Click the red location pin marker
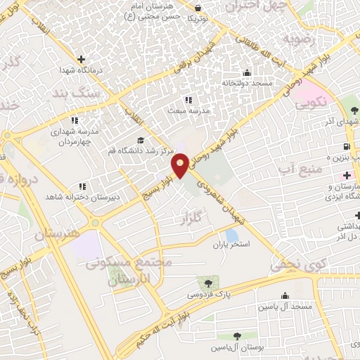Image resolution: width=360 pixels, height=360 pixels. point(181,165)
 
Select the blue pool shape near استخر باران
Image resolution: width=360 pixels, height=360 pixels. point(231,236)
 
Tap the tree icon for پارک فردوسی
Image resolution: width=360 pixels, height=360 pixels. point(205,282)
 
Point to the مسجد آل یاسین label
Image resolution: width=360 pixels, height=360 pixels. point(285,307)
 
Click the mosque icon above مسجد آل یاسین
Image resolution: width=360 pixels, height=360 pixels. point(285,295)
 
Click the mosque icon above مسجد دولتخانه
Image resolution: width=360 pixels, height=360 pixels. point(247,72)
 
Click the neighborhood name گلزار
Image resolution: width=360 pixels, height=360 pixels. point(185,220)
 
